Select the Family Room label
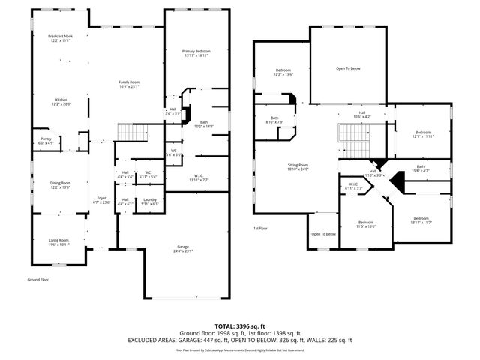[129, 84]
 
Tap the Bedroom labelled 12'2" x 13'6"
[282, 71]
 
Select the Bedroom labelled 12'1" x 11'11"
[423, 134]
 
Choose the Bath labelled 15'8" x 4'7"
[420, 169]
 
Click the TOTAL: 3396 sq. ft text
[240, 326]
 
